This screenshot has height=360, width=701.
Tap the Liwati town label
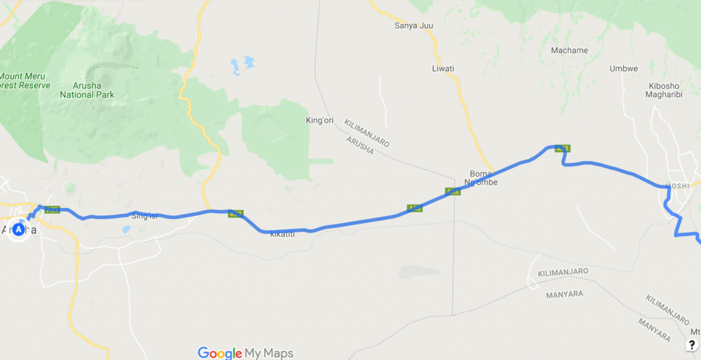443,68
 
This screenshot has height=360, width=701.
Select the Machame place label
569,51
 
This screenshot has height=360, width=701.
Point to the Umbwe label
624,68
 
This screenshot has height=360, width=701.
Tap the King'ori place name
318,120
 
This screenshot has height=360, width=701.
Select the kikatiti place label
282,235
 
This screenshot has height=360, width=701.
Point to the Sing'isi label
144,216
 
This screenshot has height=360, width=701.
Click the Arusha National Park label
87,90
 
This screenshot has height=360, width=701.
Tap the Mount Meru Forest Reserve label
25,81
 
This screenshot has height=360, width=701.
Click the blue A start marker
18,230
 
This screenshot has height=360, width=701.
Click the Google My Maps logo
245,353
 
